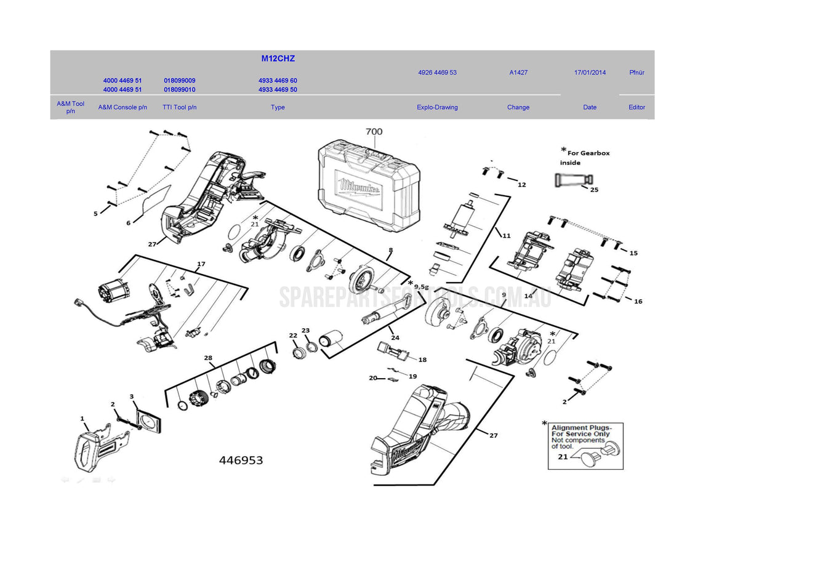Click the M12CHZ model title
click(278, 58)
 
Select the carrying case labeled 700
click(368, 185)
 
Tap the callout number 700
click(374, 131)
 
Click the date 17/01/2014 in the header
click(590, 73)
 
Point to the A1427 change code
click(518, 73)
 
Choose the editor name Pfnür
click(636, 73)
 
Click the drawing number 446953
click(241, 461)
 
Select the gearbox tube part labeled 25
click(572, 180)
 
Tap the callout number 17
click(201, 264)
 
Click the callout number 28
click(208, 358)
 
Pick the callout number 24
click(395, 337)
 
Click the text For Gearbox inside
click(585, 158)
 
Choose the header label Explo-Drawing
click(437, 107)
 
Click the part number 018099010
click(179, 90)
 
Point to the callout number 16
click(638, 302)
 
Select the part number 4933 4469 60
click(278, 81)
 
